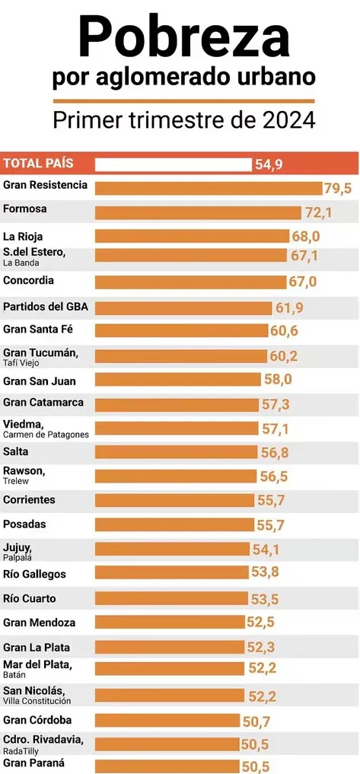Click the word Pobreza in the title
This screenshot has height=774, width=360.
(183, 37)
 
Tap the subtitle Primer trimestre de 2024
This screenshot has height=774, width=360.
(183, 121)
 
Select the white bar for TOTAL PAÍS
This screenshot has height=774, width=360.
(173, 164)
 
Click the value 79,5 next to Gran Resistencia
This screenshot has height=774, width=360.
(337, 188)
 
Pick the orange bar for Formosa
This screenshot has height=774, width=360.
(198, 212)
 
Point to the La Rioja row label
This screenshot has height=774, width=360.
(23, 236)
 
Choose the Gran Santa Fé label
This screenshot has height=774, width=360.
(38, 330)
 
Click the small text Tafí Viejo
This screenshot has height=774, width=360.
(22, 363)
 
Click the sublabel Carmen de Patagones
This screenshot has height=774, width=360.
(46, 435)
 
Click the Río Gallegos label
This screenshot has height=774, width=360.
(34, 574)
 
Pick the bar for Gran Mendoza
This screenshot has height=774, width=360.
(170, 623)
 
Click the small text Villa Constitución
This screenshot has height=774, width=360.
(37, 701)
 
